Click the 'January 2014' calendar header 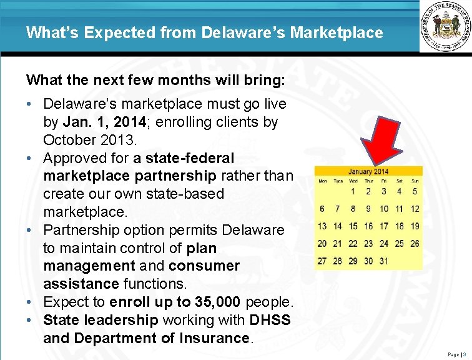click(x=368, y=171)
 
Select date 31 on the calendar click(x=384, y=261)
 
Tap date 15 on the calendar click(x=353, y=226)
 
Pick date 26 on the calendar click(x=415, y=244)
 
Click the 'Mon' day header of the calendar click(x=323, y=181)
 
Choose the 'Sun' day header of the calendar click(x=415, y=181)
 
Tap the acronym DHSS click(x=270, y=320)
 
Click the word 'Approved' click(x=76, y=158)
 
